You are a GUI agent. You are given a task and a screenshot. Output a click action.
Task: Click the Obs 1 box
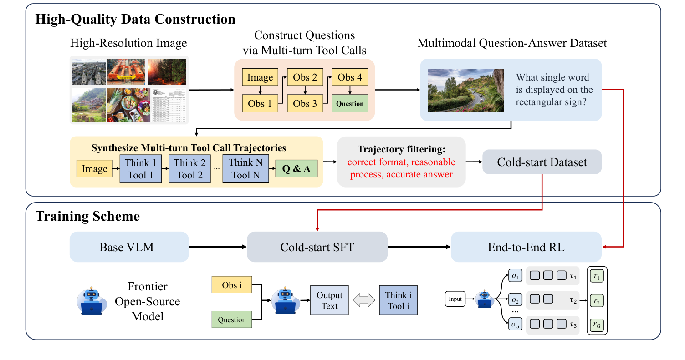point(260,103)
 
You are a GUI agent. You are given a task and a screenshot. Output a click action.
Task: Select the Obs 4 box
point(350,77)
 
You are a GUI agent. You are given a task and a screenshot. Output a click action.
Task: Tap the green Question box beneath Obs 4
point(350,103)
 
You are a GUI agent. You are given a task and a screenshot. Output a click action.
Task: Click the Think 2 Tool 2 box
point(189,168)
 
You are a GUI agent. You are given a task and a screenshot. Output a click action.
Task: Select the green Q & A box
point(296,169)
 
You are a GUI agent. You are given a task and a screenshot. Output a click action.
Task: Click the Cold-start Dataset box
point(542,162)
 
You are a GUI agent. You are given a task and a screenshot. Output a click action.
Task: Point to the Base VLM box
point(129,247)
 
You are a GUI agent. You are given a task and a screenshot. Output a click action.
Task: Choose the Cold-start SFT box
point(317,247)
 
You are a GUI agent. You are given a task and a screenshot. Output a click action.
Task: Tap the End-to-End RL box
point(526,247)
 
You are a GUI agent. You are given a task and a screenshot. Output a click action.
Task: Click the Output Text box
point(329,301)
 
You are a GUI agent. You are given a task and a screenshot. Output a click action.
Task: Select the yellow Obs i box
point(232,285)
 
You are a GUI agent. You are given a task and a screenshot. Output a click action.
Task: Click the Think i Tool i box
point(398,301)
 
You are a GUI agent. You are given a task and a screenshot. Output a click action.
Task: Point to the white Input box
point(455,299)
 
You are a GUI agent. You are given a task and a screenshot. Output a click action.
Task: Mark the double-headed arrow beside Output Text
point(363,301)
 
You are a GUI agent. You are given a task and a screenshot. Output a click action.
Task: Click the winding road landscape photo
point(466,90)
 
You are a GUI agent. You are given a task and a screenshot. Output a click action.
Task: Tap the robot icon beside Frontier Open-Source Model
point(92,301)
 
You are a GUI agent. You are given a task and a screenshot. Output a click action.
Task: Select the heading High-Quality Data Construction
point(135,20)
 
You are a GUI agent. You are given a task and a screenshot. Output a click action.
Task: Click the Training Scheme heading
point(87,216)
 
